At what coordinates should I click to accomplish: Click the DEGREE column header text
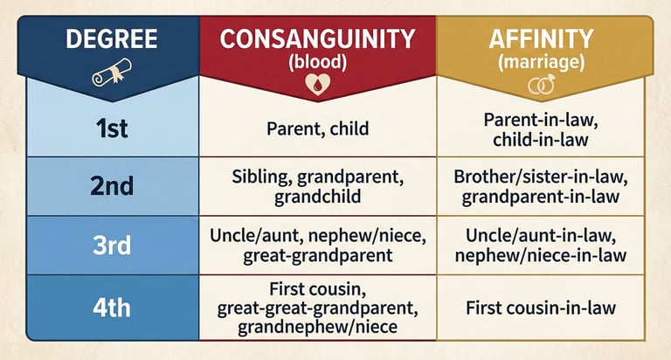[x=112, y=38]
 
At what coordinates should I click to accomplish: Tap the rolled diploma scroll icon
[x=111, y=73]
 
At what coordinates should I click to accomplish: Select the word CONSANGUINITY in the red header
[x=317, y=39]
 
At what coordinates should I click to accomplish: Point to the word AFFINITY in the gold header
[x=541, y=39]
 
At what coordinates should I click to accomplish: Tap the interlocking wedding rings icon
[x=542, y=85]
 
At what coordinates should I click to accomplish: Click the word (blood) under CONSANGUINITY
[x=317, y=62]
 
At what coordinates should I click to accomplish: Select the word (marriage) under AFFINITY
[x=541, y=62]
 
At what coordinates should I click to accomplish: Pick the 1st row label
[x=112, y=128]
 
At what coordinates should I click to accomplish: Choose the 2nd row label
[x=112, y=186]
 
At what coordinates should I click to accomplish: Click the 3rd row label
[x=112, y=246]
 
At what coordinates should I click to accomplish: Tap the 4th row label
[x=112, y=308]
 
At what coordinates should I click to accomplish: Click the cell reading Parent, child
[x=317, y=128]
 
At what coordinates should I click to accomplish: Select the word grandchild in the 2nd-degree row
[x=317, y=197]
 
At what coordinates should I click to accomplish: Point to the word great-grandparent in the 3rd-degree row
[x=317, y=255]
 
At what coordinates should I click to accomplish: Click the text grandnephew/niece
[x=317, y=327]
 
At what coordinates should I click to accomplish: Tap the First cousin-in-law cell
[x=541, y=308]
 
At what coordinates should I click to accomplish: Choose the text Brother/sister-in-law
[x=541, y=177]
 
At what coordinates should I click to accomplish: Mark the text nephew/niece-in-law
[x=541, y=255]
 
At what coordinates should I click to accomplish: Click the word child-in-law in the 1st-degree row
[x=541, y=140]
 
